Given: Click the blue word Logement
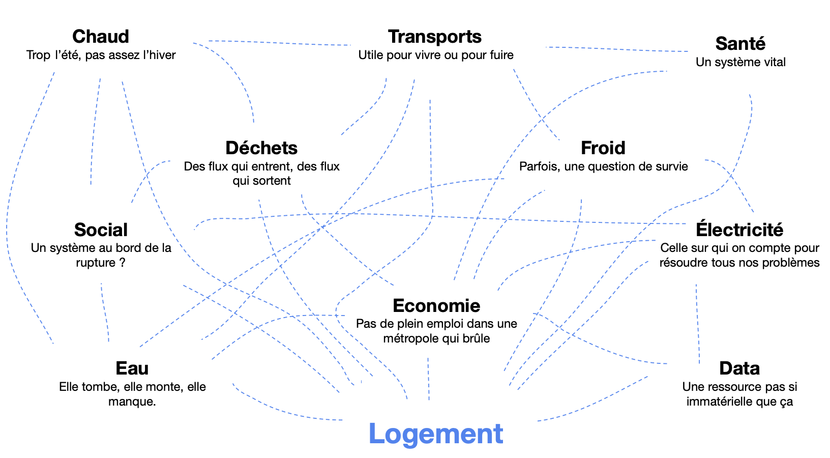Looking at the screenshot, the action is pos(436,434).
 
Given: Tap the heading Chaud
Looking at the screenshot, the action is pos(100,36).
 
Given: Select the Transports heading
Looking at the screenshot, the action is pos(435,37).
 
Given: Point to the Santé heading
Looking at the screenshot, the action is pos(740,43).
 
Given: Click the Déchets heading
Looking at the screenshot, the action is pos(261,148).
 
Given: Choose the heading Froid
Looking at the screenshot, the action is pos(603,148).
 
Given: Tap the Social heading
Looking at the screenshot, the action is pos(101,230).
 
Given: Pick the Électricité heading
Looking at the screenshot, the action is pos(739,229).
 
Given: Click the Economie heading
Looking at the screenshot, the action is pos(436,305).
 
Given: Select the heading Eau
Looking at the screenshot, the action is pos(132,368).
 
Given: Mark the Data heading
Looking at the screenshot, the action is pos(739,368).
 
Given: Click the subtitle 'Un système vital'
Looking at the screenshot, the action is pos(740,62).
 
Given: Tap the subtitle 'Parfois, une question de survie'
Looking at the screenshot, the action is pos(603,166).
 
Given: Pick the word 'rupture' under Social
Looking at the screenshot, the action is pos(96,263).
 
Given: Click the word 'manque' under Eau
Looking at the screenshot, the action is pos(131,402).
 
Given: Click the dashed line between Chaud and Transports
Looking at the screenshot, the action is pos(279,43).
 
